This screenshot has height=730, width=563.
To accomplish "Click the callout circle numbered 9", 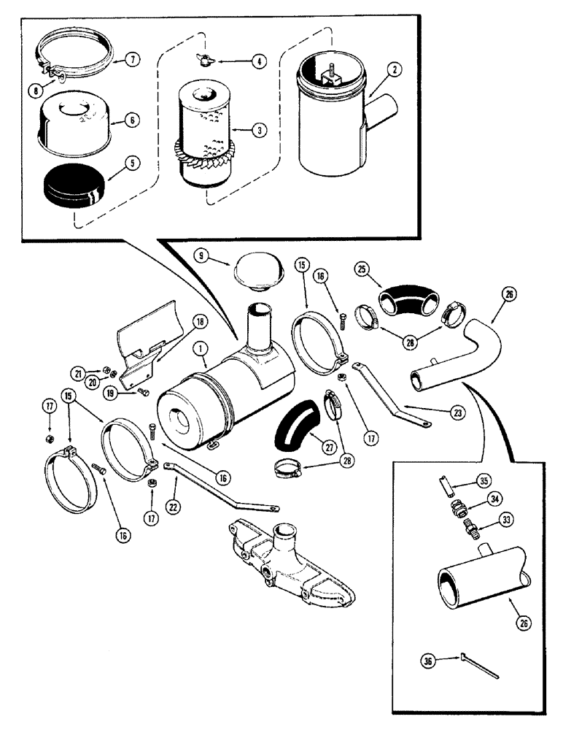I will click(x=201, y=255).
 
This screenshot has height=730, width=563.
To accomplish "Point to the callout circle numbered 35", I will click(x=504, y=480).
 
